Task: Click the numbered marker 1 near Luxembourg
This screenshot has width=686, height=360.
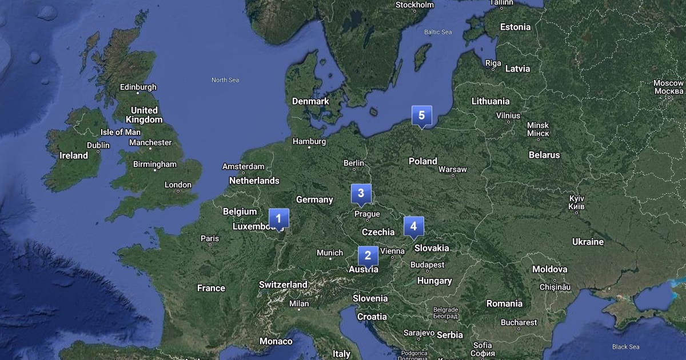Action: [x=278, y=218]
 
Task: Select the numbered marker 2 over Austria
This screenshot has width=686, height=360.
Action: [x=368, y=255]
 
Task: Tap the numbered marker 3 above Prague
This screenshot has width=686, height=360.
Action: [x=361, y=193]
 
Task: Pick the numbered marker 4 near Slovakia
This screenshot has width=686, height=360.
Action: [x=413, y=226]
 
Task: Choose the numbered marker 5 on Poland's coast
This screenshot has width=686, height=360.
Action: [x=421, y=115]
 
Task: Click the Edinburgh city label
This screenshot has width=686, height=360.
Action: [x=138, y=87]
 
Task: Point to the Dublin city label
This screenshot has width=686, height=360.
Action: [x=98, y=145]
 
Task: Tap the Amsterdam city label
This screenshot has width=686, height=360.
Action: [x=243, y=167]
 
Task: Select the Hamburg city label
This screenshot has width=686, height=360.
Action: [x=309, y=141]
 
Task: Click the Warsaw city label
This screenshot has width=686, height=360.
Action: [x=453, y=170]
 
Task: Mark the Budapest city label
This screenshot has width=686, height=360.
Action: [x=427, y=265]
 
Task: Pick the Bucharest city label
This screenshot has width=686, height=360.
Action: [x=519, y=323]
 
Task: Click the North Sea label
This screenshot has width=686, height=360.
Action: [x=225, y=80]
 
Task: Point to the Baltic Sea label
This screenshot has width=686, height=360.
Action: [x=438, y=32]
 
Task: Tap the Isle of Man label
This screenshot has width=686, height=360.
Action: [x=120, y=132]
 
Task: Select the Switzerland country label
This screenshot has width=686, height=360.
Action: [x=283, y=285]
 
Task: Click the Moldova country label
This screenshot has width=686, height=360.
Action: [x=550, y=269]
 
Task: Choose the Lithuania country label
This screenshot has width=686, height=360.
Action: [x=490, y=101]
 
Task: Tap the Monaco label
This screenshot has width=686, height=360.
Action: [x=276, y=341]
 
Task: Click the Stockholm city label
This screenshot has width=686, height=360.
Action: [x=415, y=5]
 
